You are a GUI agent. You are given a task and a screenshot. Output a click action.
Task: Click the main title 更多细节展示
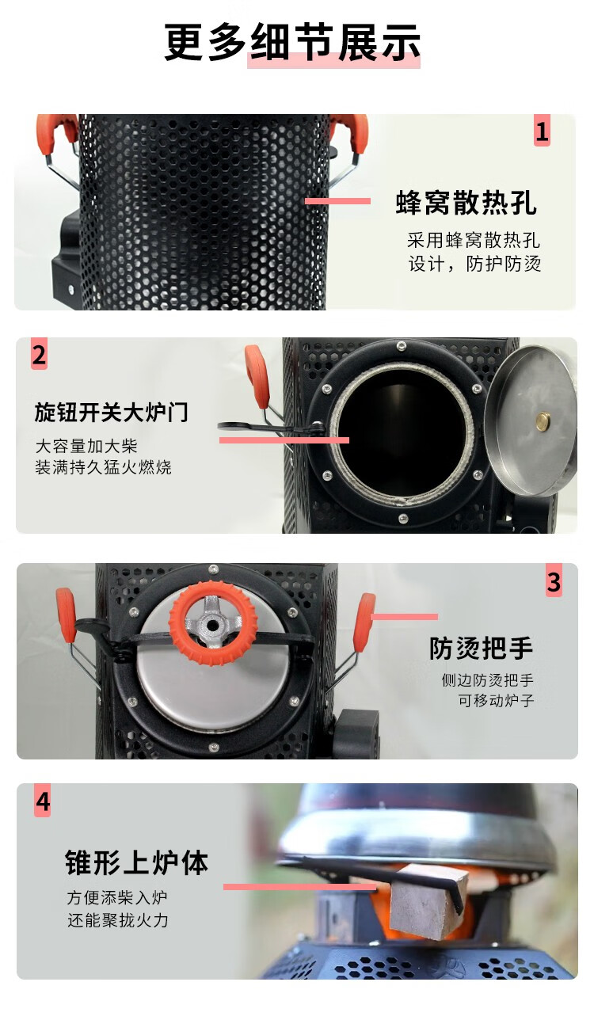click(x=292, y=41)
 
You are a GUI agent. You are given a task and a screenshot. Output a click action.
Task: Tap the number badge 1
click(x=542, y=131)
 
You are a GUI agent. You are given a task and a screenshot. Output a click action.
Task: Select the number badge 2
click(x=39, y=354)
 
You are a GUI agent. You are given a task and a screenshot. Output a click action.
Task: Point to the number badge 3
click(x=554, y=580)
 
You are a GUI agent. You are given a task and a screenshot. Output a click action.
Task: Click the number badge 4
click(x=42, y=801)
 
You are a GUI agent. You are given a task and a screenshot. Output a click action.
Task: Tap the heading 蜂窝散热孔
click(x=466, y=203)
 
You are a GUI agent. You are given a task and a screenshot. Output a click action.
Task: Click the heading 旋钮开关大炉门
click(x=111, y=412)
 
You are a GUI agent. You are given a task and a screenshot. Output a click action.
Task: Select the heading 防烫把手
click(x=481, y=648)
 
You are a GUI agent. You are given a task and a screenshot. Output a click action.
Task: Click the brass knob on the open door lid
click(x=542, y=421)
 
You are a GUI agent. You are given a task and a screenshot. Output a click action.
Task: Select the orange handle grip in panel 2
click(x=257, y=376)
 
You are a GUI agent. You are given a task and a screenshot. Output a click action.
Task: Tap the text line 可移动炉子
click(x=496, y=700)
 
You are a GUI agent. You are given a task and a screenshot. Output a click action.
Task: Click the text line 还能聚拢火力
click(x=117, y=920)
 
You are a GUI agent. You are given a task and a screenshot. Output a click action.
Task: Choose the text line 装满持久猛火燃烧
click(x=103, y=467)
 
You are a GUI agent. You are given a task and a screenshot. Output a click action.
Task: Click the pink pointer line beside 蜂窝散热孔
click(x=337, y=201)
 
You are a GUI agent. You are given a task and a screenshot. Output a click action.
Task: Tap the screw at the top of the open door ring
click(x=401, y=347)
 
